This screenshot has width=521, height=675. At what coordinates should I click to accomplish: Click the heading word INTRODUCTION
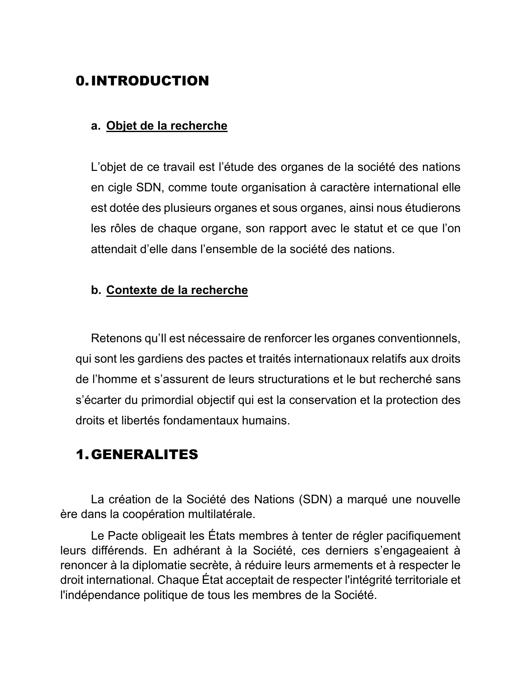[x=150, y=81]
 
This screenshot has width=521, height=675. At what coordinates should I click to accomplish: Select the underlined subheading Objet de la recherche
[x=166, y=126]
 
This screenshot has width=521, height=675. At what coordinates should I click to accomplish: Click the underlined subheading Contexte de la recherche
[x=177, y=290]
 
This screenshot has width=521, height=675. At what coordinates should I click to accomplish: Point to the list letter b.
[x=96, y=290]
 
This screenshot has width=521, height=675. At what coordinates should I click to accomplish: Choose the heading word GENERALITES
[x=144, y=454]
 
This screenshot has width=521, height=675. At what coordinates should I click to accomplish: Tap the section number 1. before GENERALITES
[x=81, y=454]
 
